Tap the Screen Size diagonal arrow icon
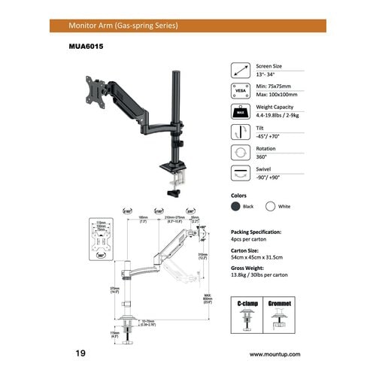(x=239, y=71)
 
